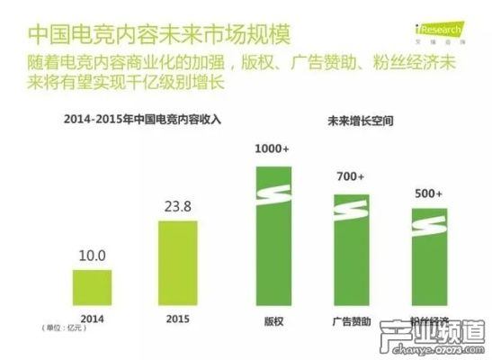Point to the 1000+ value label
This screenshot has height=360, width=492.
[272, 148]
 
